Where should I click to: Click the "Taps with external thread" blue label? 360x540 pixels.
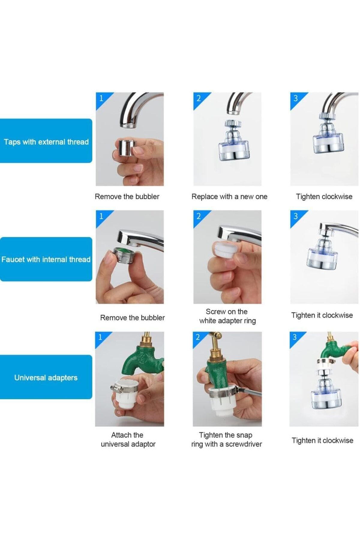pos(46,141)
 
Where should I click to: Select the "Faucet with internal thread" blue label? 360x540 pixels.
pos(46,259)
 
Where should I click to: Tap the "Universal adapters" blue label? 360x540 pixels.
pos(46,377)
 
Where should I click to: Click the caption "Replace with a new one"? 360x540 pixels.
pos(229,197)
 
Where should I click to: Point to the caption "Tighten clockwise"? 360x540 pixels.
pos(324,197)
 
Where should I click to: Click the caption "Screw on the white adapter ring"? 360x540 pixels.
pos(227,316)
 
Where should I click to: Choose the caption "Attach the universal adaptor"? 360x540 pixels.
pos(128,439)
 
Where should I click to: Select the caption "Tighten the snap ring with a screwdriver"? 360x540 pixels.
pos(226,439)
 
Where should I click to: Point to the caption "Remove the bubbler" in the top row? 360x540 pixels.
pos(127,197)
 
